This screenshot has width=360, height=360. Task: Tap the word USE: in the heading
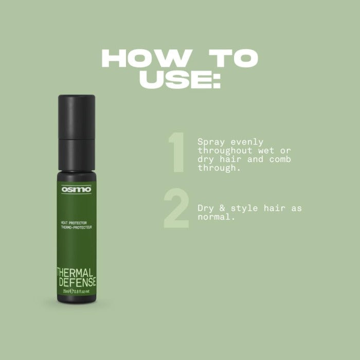tap(180, 80)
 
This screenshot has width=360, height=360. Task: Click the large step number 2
tap(176, 209)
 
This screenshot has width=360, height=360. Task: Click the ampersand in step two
tap(222, 208)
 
